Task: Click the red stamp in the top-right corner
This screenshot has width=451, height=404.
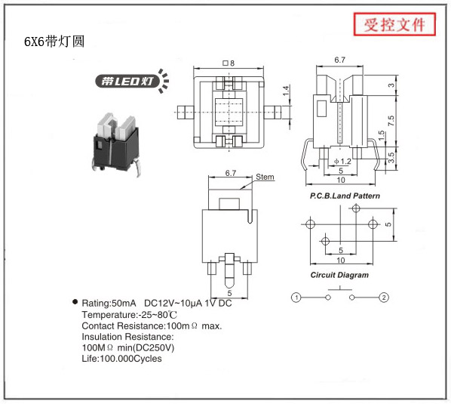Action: [x=394, y=24]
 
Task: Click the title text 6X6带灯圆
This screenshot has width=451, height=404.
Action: [x=54, y=42]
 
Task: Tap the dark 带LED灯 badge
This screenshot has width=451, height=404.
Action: [x=127, y=82]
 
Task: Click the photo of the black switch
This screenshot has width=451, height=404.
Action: [x=116, y=144]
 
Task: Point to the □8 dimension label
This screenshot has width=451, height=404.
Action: [x=229, y=63]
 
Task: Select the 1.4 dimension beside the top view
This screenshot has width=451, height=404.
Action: [x=286, y=91]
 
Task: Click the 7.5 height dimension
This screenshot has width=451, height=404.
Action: [x=391, y=121]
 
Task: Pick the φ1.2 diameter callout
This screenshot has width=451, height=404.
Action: [x=342, y=162]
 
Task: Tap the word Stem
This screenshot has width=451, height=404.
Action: [x=265, y=177]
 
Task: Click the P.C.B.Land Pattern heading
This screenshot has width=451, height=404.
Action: [x=345, y=196]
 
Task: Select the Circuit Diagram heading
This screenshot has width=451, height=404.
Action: [x=339, y=275]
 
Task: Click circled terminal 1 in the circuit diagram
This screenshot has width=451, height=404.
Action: [x=296, y=298]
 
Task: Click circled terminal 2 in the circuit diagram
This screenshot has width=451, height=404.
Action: [x=384, y=298]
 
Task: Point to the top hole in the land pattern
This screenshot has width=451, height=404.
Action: [x=356, y=208]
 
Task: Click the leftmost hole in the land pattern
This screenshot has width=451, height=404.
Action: [x=311, y=224]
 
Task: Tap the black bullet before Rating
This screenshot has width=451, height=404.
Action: [x=75, y=302]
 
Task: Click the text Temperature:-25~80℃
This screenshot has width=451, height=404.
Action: [x=130, y=315]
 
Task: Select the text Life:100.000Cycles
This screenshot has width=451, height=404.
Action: [x=121, y=359]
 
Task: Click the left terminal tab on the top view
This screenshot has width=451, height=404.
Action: [x=186, y=113]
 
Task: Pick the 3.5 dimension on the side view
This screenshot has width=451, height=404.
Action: [x=391, y=158]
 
